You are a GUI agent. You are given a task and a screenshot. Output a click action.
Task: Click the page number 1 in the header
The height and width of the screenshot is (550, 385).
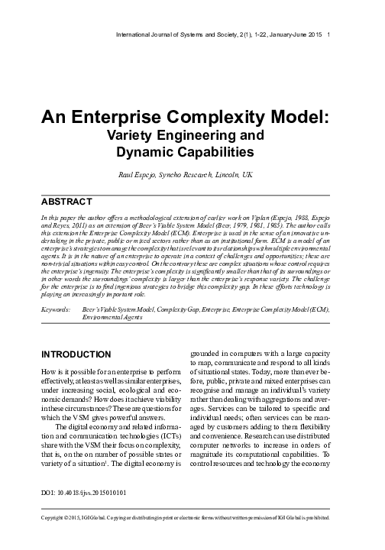(x=328, y=34)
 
